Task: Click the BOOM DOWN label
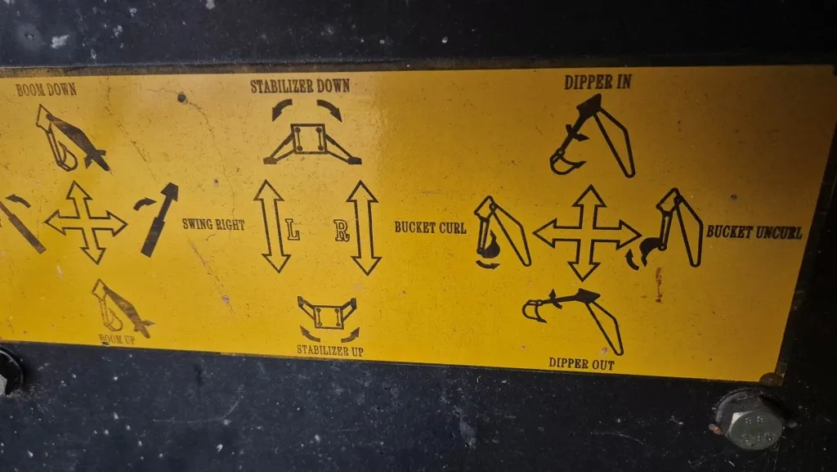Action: [x=46, y=90]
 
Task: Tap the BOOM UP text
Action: [x=117, y=339]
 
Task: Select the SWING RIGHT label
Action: [x=213, y=224]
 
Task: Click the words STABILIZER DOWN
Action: [x=300, y=86]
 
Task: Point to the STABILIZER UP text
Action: [x=330, y=351]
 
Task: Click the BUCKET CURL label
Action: [x=430, y=227]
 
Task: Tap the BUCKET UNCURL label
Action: [x=754, y=232]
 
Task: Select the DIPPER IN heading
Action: [x=598, y=82]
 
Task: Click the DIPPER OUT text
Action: [x=581, y=364]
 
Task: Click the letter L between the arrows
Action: [x=292, y=229]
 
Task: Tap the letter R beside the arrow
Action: [x=342, y=231]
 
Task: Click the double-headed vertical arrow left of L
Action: [x=272, y=226]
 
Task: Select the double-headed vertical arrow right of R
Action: [x=364, y=227]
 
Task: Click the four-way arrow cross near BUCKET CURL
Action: [x=587, y=233]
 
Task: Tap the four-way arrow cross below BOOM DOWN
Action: [x=85, y=223]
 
